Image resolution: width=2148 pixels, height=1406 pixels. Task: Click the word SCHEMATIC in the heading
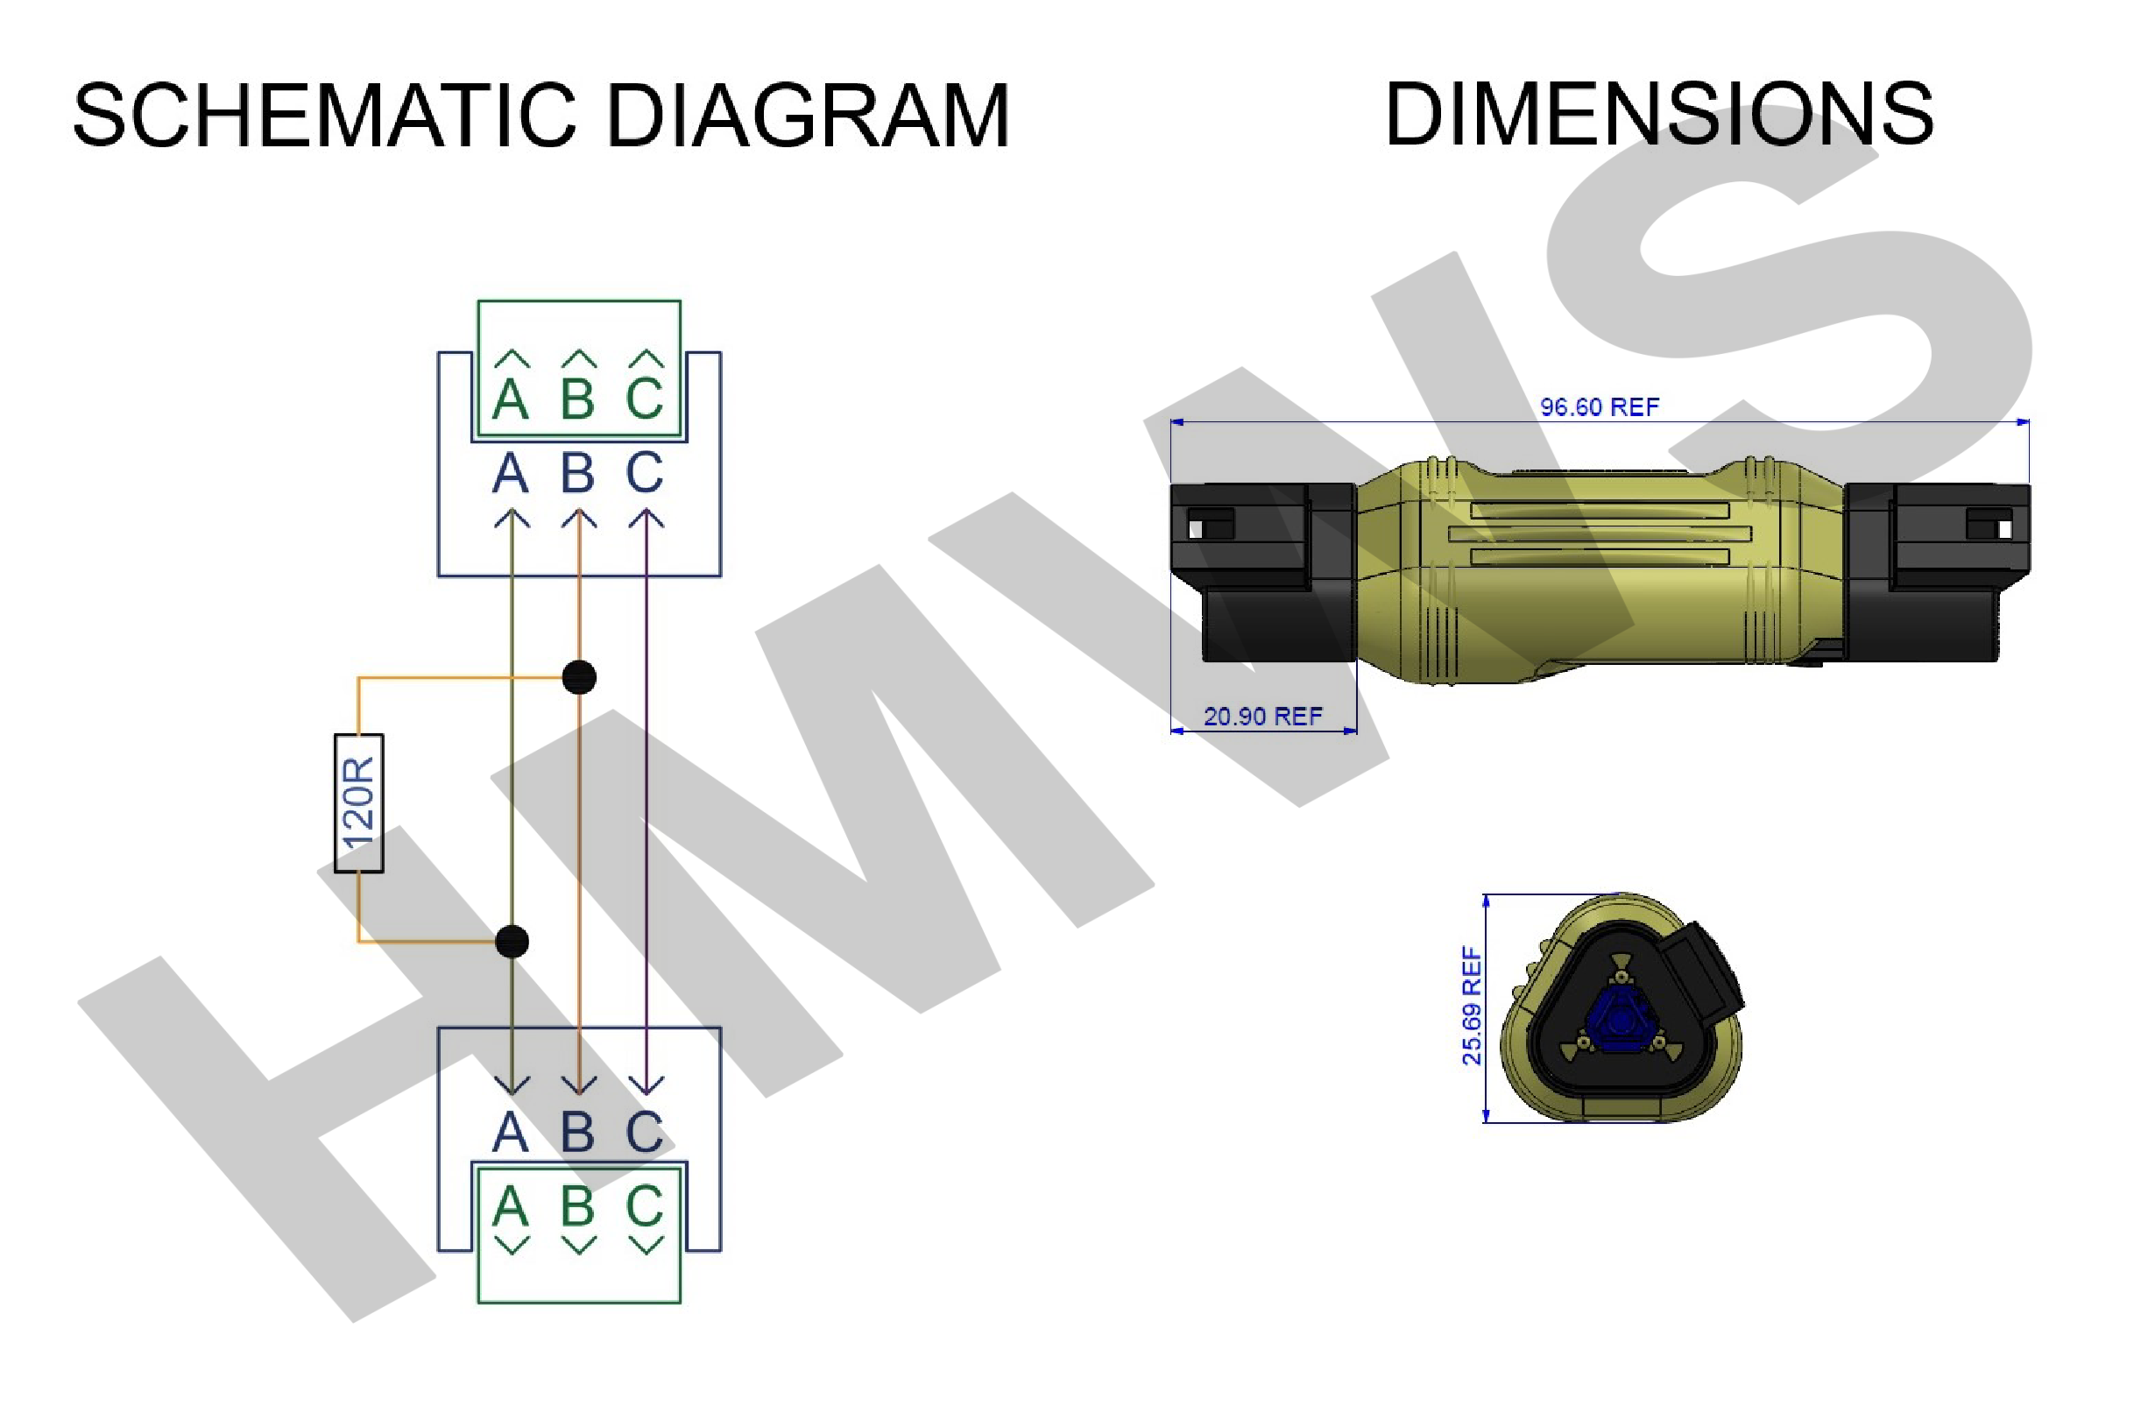point(324,116)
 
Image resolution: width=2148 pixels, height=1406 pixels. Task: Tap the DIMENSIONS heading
point(1659,114)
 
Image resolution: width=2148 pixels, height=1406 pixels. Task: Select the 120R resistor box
point(359,803)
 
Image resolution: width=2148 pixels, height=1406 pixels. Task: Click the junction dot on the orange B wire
point(579,678)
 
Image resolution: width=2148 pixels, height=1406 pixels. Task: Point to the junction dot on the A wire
point(512,942)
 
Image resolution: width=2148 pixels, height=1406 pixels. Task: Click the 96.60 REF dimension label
point(1600,407)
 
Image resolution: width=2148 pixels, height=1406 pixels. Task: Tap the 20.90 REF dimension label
point(1262,717)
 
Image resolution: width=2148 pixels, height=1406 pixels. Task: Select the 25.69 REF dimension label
point(1472,1006)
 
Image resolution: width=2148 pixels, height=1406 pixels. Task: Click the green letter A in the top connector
point(511,399)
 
